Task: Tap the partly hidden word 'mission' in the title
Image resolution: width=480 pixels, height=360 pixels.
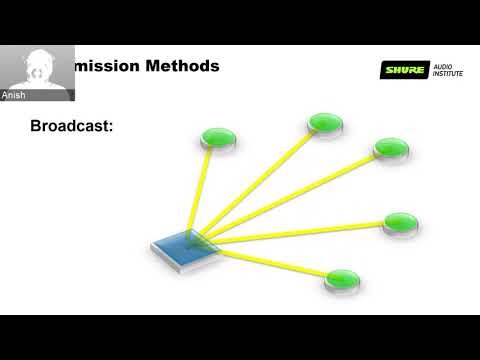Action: coord(107,67)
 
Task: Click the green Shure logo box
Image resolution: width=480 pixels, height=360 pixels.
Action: coord(404,70)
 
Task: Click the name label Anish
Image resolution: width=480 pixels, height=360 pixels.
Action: coord(15,96)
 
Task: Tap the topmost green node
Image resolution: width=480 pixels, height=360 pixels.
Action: coord(325,123)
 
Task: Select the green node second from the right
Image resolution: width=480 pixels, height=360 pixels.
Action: coord(390,147)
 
